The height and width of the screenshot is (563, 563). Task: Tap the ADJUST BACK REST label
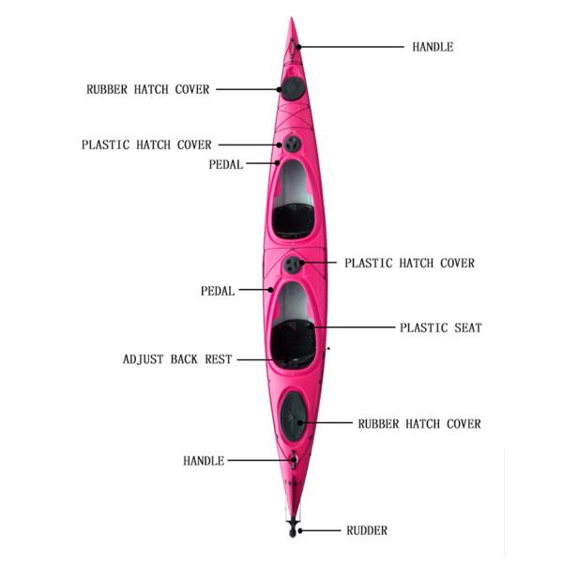(x=177, y=359)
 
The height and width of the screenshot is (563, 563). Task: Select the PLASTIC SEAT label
(x=440, y=327)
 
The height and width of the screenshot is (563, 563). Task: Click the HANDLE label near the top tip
(x=433, y=47)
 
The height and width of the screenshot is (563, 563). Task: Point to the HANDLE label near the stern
(x=204, y=461)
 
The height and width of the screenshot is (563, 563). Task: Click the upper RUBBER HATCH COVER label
(x=148, y=90)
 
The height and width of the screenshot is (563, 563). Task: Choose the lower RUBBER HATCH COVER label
(x=418, y=424)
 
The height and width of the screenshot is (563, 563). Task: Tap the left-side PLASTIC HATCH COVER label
(x=146, y=145)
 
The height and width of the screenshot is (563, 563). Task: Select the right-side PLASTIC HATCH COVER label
(x=409, y=264)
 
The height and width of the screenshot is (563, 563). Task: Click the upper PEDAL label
(x=225, y=164)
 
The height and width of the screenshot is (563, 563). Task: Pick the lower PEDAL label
(x=217, y=291)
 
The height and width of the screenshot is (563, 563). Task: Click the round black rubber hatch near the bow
(x=293, y=89)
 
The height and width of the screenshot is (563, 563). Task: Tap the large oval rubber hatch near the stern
(x=293, y=415)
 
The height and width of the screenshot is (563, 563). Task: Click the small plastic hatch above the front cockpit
(x=292, y=144)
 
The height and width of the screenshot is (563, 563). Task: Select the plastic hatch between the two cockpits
(x=293, y=265)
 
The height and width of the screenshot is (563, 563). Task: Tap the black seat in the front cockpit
(x=293, y=220)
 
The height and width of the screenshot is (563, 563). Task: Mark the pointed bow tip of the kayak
(x=292, y=20)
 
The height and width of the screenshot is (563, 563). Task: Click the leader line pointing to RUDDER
(x=321, y=531)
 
